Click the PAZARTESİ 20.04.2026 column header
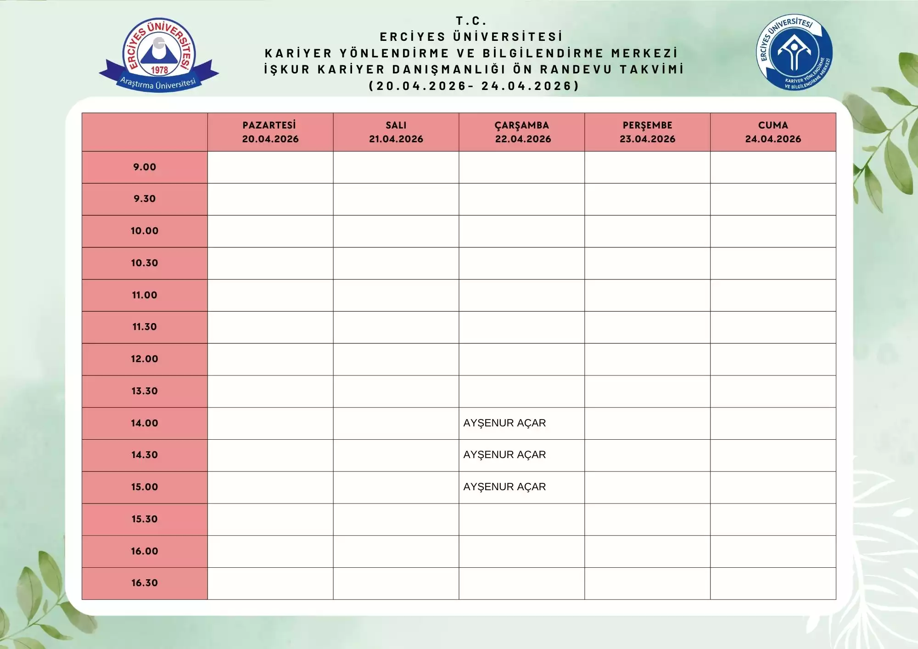click(x=270, y=132)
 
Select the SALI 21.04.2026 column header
click(x=396, y=132)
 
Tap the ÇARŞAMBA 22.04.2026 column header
click(x=522, y=132)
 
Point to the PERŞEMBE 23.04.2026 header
click(x=647, y=132)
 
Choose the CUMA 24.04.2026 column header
click(x=773, y=132)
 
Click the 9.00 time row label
click(x=145, y=167)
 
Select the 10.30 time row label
click(x=145, y=263)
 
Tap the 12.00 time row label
click(x=145, y=359)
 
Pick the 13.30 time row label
click(x=145, y=391)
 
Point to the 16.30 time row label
click(x=145, y=583)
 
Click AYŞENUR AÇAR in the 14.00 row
click(x=504, y=423)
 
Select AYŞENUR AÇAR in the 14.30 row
click(x=504, y=455)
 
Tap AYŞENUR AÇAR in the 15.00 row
click(x=504, y=487)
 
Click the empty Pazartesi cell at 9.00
click(x=270, y=167)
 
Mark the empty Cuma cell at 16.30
click(x=773, y=583)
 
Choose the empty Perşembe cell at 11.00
click(x=647, y=295)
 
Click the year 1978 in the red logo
click(x=159, y=70)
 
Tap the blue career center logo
click(x=794, y=52)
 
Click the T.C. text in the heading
click(x=471, y=21)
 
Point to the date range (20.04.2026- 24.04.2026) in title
click(x=474, y=86)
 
